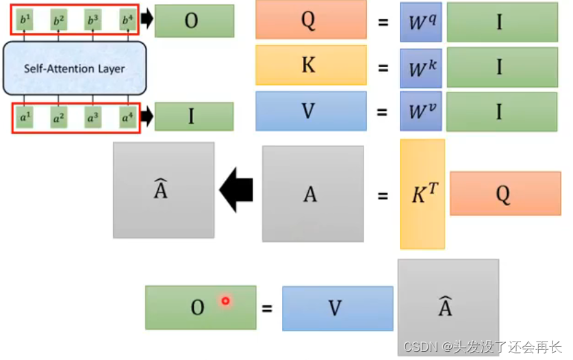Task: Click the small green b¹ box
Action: pyautogui.click(x=25, y=19)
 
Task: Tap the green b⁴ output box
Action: pyautogui.click(x=127, y=19)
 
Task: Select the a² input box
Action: pyautogui.click(x=59, y=118)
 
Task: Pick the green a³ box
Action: pyautogui.click(x=93, y=118)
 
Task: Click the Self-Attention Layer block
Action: pyautogui.click(x=75, y=68)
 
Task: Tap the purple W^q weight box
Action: pyautogui.click(x=420, y=21)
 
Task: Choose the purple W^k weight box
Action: pyautogui.click(x=420, y=66)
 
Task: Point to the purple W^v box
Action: pyautogui.click(x=420, y=111)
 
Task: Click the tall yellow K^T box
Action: pyautogui.click(x=422, y=194)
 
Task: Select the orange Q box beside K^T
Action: pyautogui.click(x=502, y=194)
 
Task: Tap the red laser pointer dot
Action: pyautogui.click(x=225, y=300)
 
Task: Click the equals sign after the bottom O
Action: pyautogui.click(x=267, y=308)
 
